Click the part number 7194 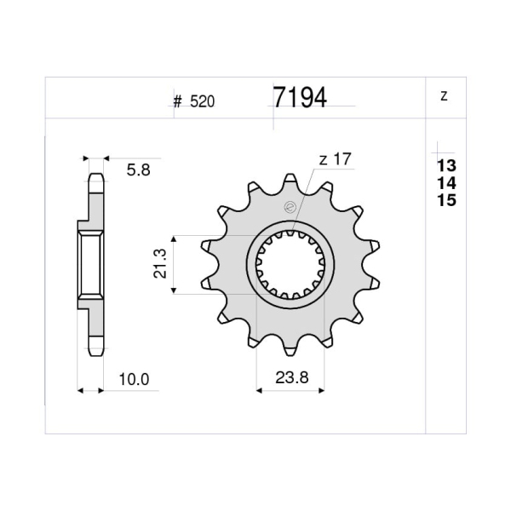[x=299, y=98]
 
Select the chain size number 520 [x=202, y=101]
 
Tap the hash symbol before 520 [x=178, y=101]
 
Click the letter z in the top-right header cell [x=444, y=96]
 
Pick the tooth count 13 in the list [x=445, y=165]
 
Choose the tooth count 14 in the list [x=445, y=183]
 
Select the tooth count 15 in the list [x=445, y=201]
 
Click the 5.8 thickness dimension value [x=139, y=170]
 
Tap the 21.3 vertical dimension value [x=159, y=265]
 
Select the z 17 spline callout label [x=336, y=158]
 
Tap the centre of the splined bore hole [x=290, y=265]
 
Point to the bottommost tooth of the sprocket [x=290, y=349]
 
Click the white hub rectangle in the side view [x=91, y=264]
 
